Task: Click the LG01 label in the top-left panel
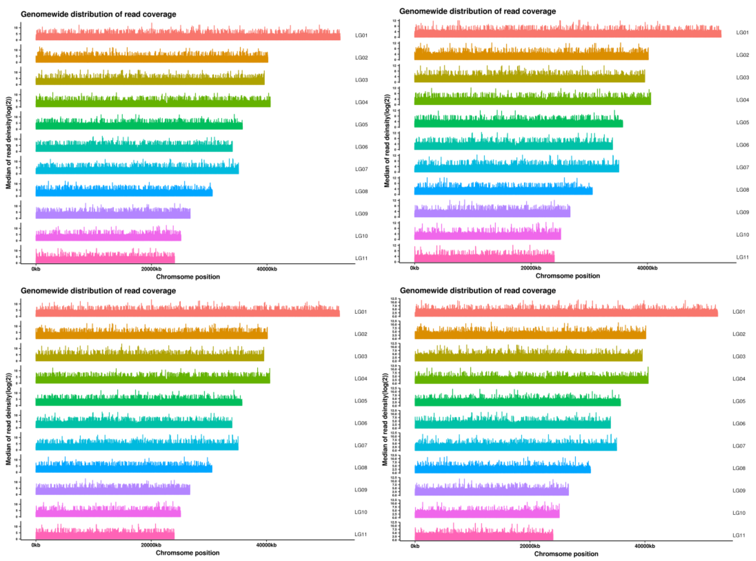tap(361, 35)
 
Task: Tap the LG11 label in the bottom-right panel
tap(739, 535)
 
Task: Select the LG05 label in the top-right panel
tap(742, 122)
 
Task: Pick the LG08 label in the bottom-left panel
tap(361, 468)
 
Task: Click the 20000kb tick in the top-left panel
tap(151, 269)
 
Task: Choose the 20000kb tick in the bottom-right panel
tap(530, 546)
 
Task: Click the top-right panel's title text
tap(477, 11)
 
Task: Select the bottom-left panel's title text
tap(98, 291)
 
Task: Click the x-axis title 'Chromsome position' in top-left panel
tap(188, 277)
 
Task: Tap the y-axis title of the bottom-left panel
tap(8, 419)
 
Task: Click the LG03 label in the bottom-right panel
tap(739, 356)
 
